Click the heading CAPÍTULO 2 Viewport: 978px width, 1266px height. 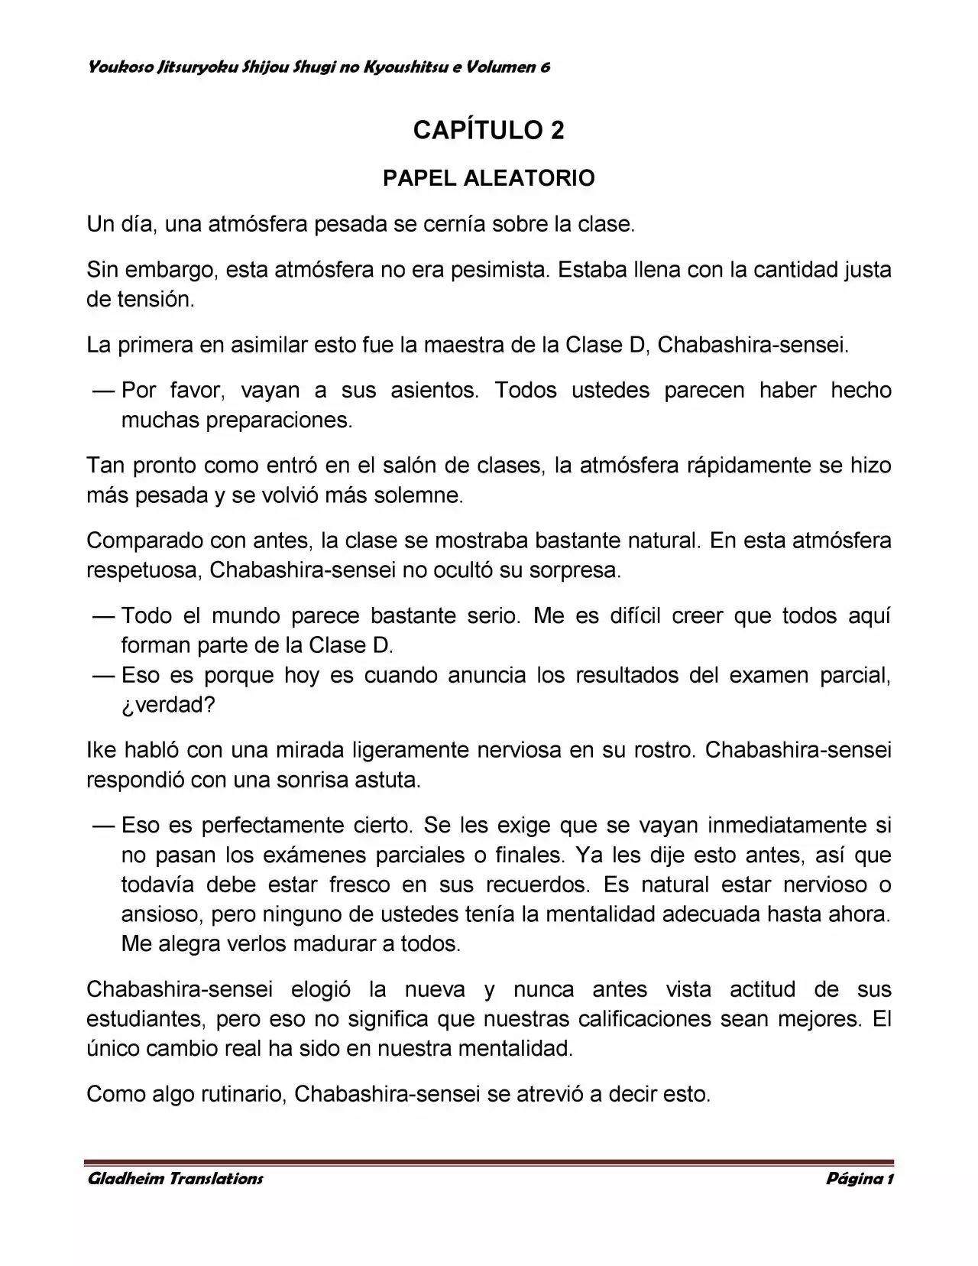click(x=488, y=131)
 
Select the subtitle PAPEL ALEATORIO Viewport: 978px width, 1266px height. click(x=488, y=178)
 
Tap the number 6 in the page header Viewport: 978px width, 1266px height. click(x=545, y=67)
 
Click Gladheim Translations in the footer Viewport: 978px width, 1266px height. click(x=176, y=1178)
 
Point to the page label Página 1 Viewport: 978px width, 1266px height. click(x=860, y=1178)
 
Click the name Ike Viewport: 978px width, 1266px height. click(x=101, y=750)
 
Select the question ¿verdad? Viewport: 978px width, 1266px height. click(x=168, y=704)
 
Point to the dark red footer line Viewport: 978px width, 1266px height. click(x=488, y=1160)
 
